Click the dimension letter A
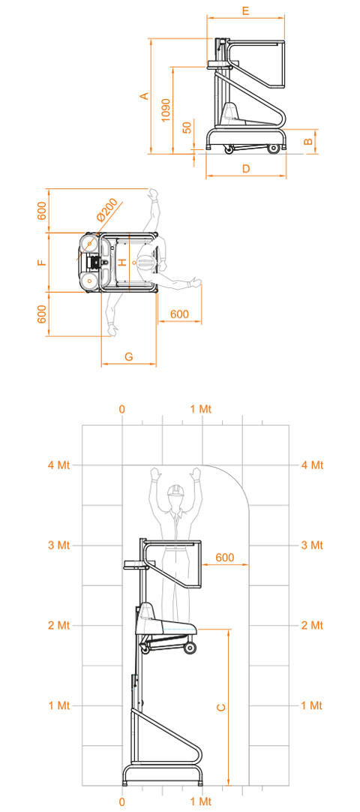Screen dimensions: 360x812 pos(145,96)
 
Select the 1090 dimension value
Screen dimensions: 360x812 pos(166,110)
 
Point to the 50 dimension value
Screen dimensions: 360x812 pos(187,127)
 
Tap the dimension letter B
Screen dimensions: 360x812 pos(307,140)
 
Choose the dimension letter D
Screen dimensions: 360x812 pos(246,169)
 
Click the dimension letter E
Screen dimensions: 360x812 pos(246,11)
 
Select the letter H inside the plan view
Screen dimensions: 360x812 pos(122,262)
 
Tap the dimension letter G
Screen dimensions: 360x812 pos(129,356)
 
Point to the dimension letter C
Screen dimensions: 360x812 pos(220,708)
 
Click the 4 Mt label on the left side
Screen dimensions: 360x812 pos(59,465)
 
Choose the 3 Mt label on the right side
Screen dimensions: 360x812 pos(312,546)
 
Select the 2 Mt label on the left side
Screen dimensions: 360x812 pos(59,625)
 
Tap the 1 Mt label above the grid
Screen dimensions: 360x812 pos(201,409)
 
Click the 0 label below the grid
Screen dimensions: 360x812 pos(122,801)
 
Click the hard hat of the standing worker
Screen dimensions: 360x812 pos(176,490)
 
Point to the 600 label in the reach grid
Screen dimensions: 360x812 pos(224,558)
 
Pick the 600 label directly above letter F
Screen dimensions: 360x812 pos(43,211)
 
